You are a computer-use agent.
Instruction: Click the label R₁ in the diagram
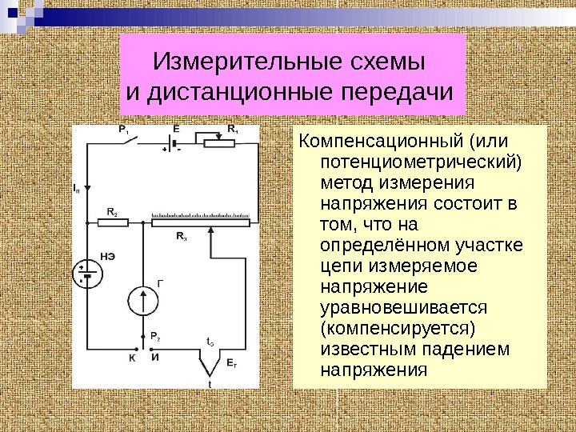(233, 129)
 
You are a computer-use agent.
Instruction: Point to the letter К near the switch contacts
(132, 358)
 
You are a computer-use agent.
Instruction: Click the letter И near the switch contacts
(154, 358)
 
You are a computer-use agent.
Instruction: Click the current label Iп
(77, 190)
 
